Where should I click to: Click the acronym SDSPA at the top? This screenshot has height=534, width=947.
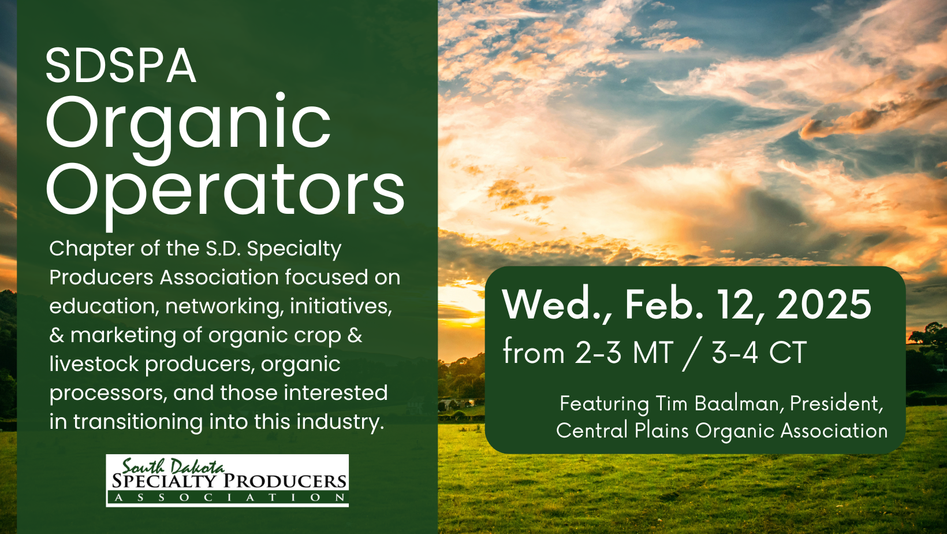[x=121, y=65]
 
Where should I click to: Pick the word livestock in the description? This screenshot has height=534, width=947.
[x=94, y=364]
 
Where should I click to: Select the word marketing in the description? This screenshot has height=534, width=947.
[x=123, y=336]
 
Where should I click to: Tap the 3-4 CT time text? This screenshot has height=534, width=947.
[x=759, y=353]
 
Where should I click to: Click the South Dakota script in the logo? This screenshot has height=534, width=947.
[x=173, y=466]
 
